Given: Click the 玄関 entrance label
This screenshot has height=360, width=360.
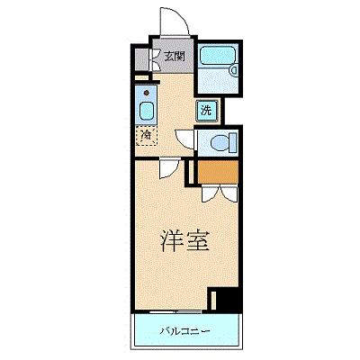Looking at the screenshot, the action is coord(175,56).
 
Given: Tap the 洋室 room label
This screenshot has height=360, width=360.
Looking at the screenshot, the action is coord(184,241).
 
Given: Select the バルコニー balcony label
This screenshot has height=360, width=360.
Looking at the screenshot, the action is coord(184,331).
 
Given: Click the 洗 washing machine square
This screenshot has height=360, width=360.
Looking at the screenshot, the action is coord(206,111).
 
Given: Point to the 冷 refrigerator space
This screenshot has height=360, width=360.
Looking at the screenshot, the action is coord(146,136).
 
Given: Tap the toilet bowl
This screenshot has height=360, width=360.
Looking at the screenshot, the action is coord(220,142).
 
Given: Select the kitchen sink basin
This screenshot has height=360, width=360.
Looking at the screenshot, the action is coord(147,111).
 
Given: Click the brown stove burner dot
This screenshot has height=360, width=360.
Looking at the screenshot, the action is coord(147,93).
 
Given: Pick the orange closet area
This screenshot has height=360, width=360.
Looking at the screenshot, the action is coord(218,171).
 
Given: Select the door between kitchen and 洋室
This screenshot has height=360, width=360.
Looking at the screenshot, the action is coord(169,168).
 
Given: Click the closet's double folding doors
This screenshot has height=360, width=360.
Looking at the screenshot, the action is coord(220,193).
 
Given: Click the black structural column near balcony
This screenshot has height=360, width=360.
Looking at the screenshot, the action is coord(228,300).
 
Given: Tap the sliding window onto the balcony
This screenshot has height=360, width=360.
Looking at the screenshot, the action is coord(175,312).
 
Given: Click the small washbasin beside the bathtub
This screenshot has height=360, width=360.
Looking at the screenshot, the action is coord(233,70).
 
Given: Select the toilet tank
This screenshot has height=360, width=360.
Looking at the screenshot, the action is coord(234,142).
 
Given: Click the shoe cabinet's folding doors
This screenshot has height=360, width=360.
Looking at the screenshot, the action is coord(154,59).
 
